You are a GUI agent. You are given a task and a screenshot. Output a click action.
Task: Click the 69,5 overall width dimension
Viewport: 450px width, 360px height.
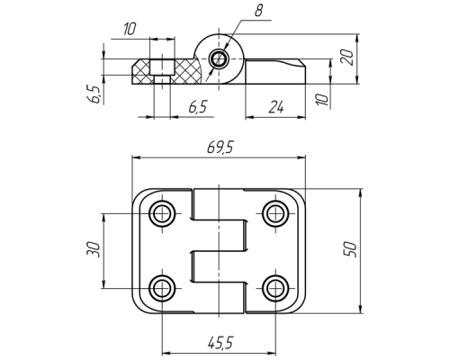pyautogui.click(x=220, y=148)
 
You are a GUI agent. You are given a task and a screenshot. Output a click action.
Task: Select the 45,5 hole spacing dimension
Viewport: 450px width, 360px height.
pyautogui.click(x=220, y=342)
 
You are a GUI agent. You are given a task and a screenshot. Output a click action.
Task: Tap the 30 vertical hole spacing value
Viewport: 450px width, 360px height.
pyautogui.click(x=93, y=248)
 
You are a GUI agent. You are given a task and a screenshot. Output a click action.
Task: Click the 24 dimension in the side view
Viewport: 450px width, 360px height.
pyautogui.click(x=276, y=107)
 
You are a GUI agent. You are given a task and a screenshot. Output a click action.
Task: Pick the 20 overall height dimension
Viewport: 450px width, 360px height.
pyautogui.click(x=347, y=57)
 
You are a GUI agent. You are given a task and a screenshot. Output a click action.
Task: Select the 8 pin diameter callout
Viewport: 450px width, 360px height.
pyautogui.click(x=258, y=11)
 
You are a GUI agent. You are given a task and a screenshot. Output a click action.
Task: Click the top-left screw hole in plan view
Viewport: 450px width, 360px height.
pyautogui.click(x=162, y=213)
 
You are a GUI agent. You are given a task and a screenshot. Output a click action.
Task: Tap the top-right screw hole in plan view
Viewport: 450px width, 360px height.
pyautogui.click(x=274, y=213)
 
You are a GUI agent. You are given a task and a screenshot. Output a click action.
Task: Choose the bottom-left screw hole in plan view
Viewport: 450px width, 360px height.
pyautogui.click(x=162, y=289)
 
